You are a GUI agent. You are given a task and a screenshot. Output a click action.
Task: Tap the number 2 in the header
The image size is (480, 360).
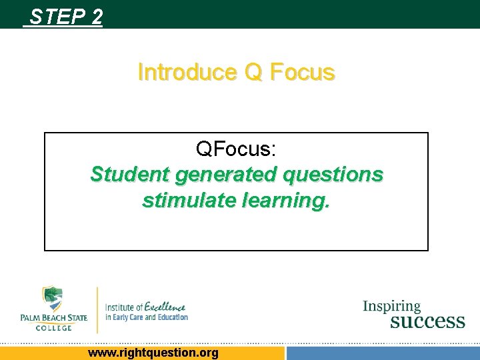click(x=97, y=16)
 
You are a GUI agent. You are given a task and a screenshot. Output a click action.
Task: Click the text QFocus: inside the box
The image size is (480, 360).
click(x=236, y=149)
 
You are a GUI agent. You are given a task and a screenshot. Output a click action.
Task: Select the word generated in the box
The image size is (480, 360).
click(x=225, y=175)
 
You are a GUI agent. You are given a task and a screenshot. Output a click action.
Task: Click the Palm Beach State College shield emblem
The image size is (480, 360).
click(x=52, y=299)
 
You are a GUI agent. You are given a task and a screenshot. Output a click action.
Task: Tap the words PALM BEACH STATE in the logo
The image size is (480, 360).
click(x=53, y=318)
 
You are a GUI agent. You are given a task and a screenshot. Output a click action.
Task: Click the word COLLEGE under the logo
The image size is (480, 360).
click(x=53, y=327)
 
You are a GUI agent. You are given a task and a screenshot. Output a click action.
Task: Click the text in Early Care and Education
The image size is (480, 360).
click(x=147, y=317)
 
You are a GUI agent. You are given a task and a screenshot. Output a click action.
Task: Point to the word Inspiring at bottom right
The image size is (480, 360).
click(x=391, y=307)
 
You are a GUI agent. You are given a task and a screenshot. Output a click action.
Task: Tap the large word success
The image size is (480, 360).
click(x=427, y=321)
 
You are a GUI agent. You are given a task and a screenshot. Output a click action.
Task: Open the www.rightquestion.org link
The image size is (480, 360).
click(x=153, y=353)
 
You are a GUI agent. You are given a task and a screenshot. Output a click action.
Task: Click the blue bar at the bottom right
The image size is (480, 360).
click(x=383, y=353)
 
